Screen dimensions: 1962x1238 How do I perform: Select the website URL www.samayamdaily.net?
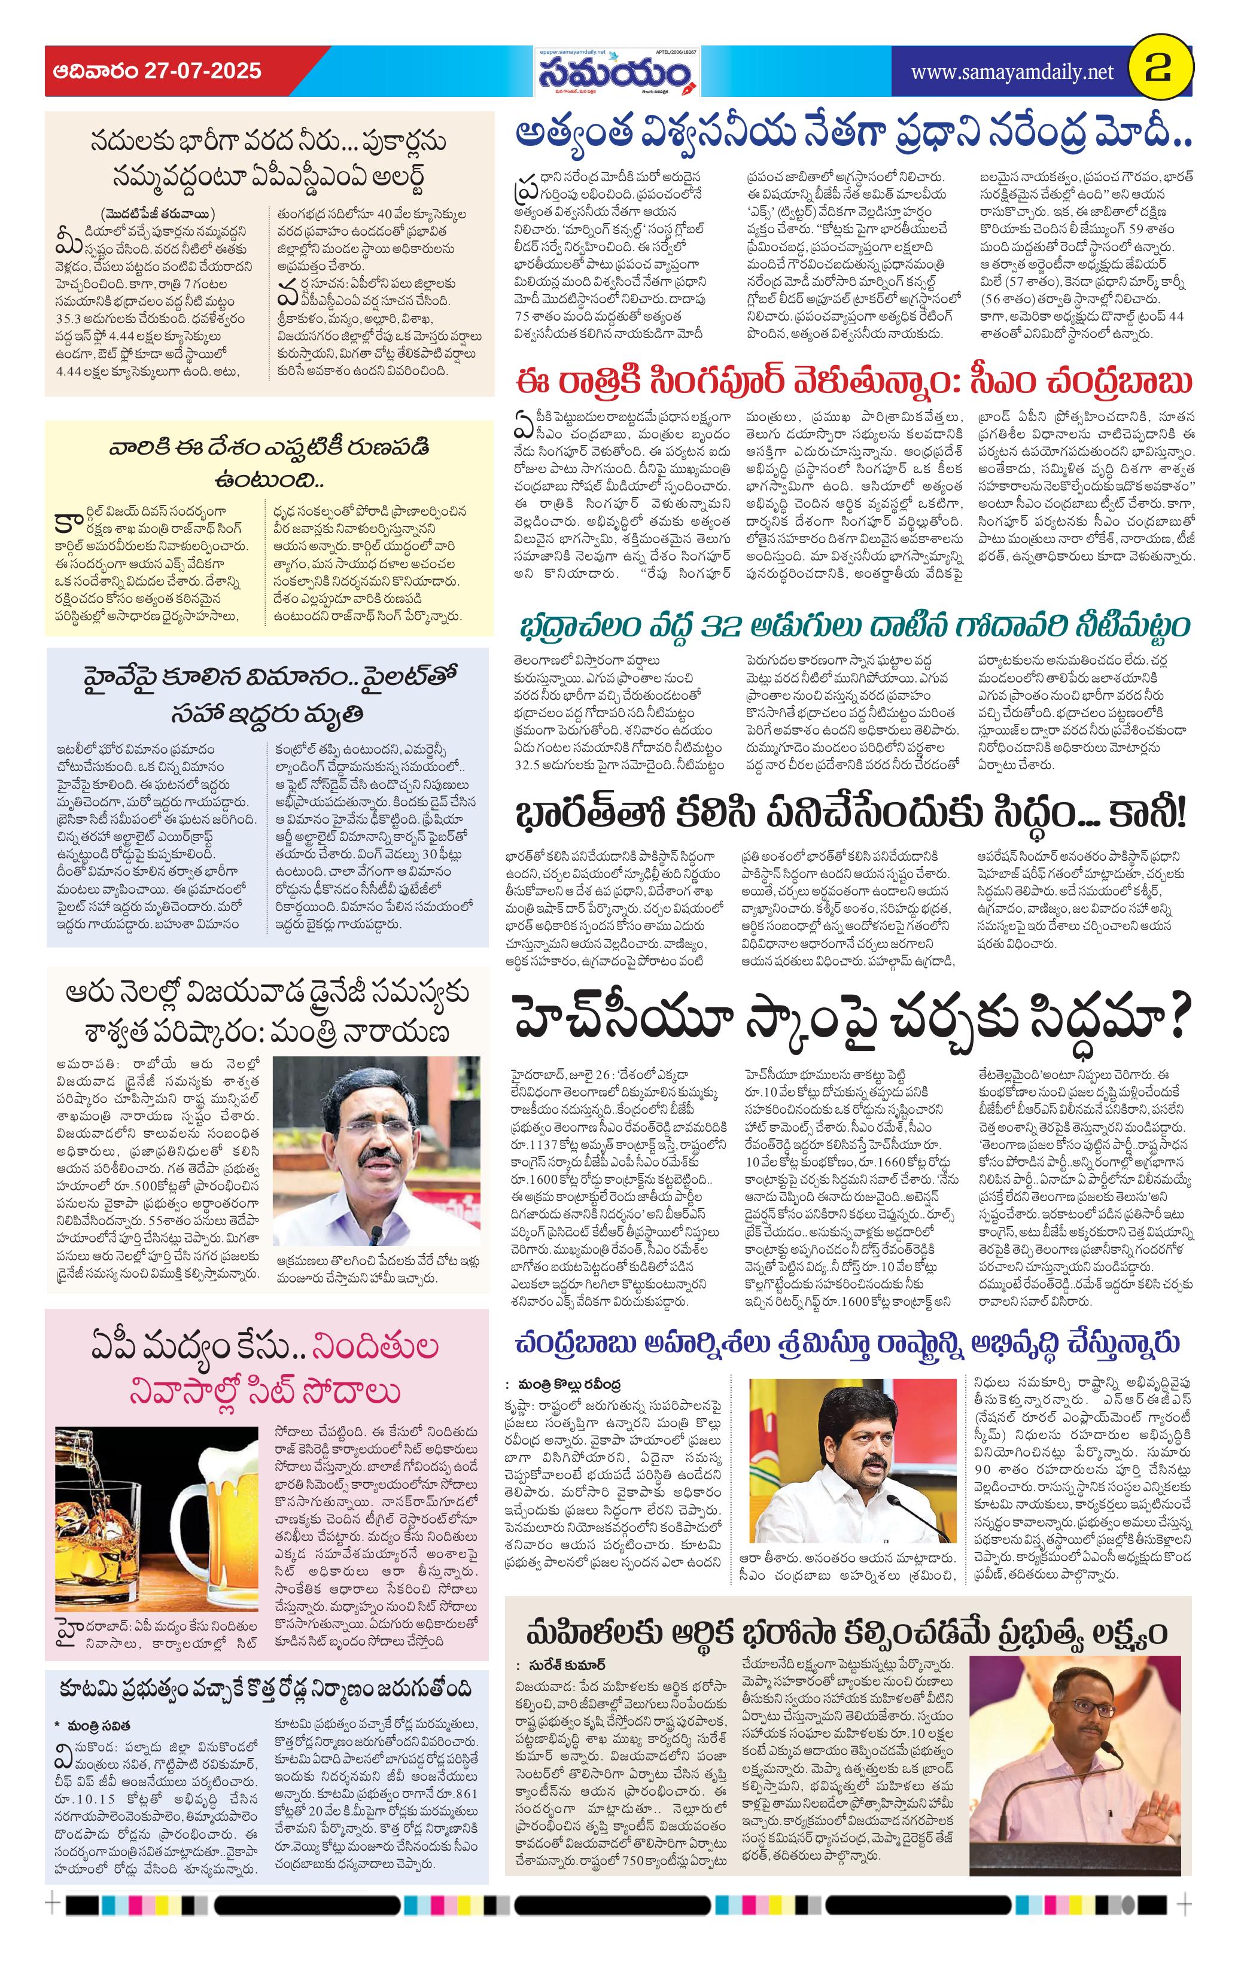tap(1011, 72)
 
